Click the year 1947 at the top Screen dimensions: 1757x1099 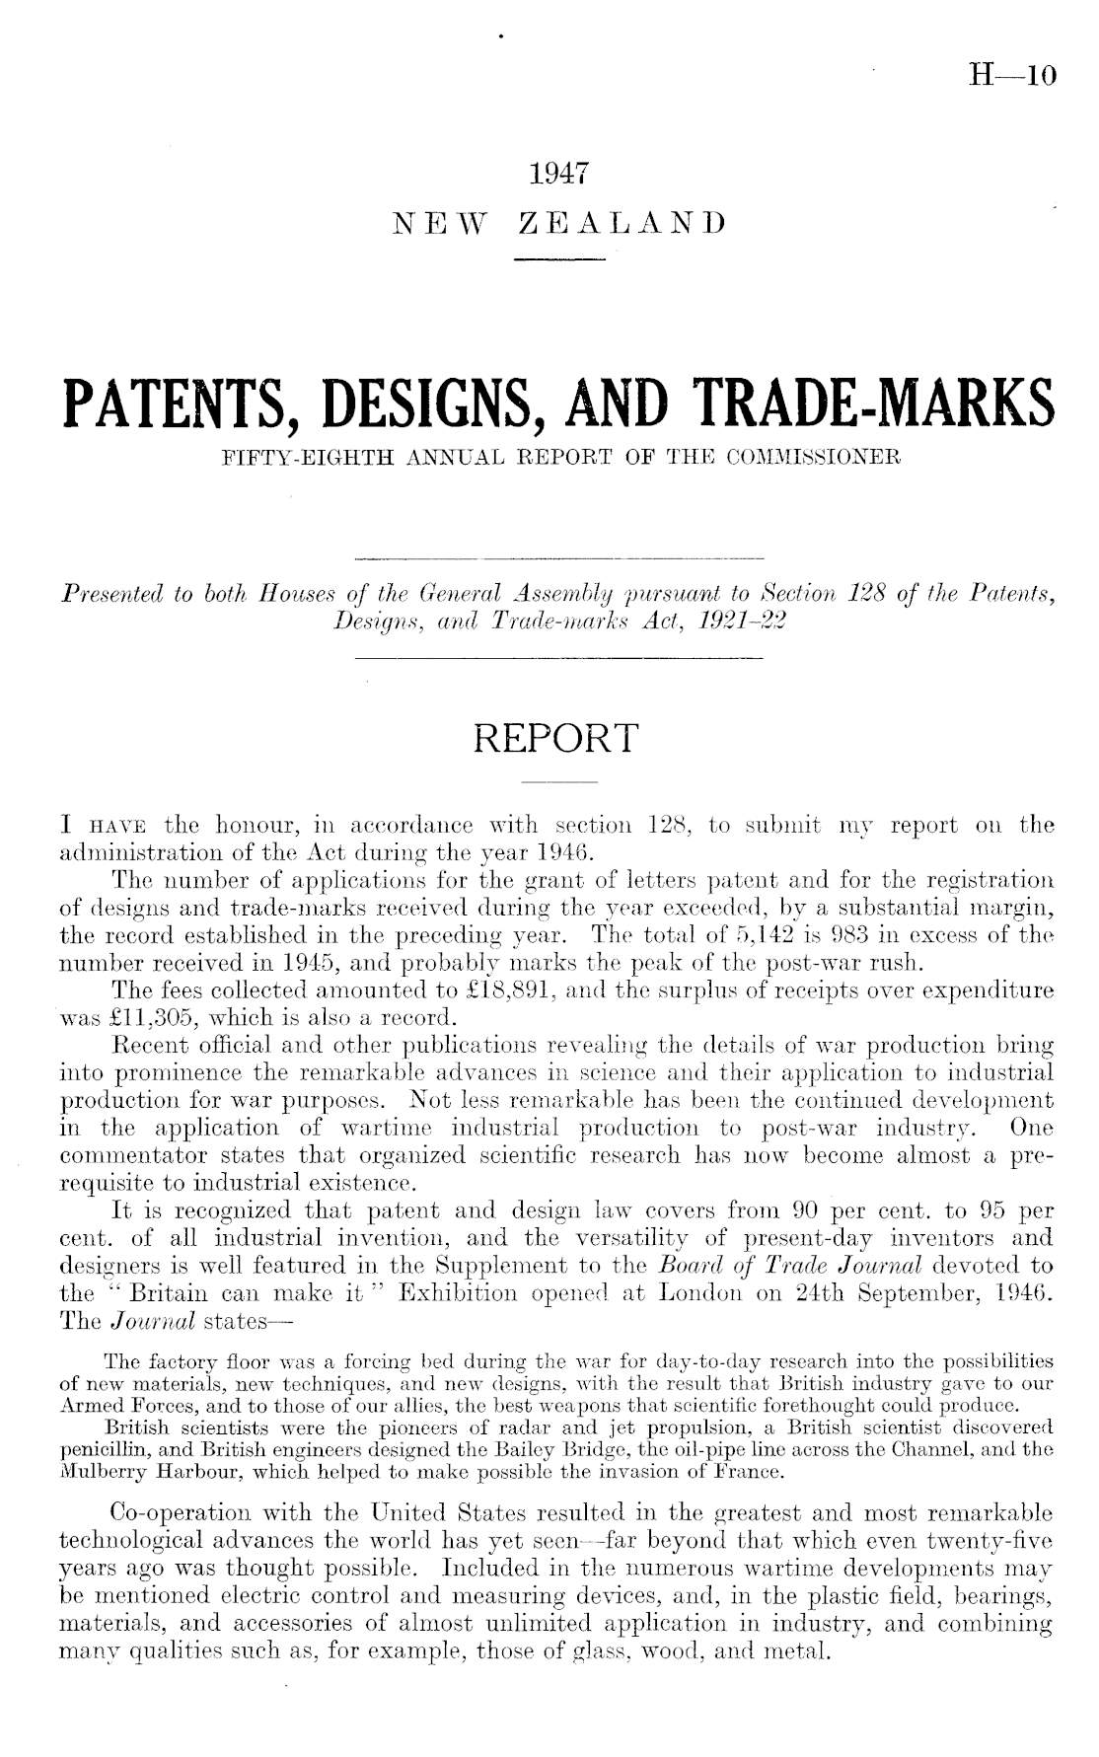[x=558, y=175]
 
